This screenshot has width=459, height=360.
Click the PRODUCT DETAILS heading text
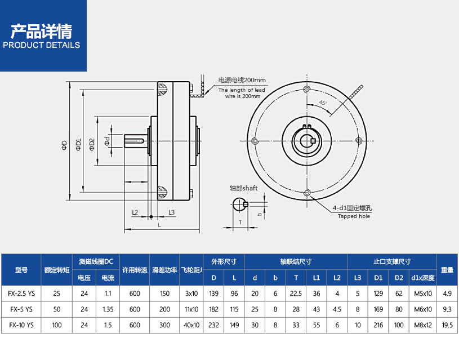point(42,45)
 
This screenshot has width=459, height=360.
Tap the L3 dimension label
point(171,212)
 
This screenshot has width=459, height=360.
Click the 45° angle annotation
point(323,103)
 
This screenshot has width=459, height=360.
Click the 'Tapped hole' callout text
point(354,216)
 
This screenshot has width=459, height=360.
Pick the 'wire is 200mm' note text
point(239,96)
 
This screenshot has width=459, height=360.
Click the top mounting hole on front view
point(306,90)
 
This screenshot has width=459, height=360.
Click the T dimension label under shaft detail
point(240,223)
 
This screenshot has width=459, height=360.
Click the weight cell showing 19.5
point(447,325)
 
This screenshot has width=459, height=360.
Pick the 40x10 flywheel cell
point(191,325)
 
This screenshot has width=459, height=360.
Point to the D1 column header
point(377,278)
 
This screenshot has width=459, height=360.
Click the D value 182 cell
point(213,309)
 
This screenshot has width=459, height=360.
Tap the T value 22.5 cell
point(296,294)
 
